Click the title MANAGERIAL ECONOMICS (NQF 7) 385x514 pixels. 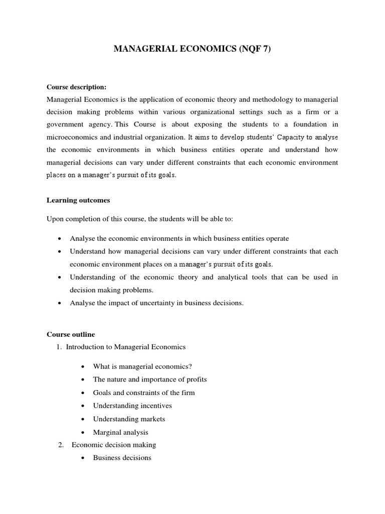click(192, 49)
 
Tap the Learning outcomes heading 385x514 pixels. click(78, 200)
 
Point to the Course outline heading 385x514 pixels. click(71, 334)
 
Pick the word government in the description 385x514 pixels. click(67, 124)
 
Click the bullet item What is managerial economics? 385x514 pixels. click(142, 366)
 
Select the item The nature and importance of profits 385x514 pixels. click(150, 379)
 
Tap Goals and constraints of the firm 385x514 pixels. click(144, 393)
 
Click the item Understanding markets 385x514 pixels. click(129, 419)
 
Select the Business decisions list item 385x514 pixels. click(122, 458)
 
